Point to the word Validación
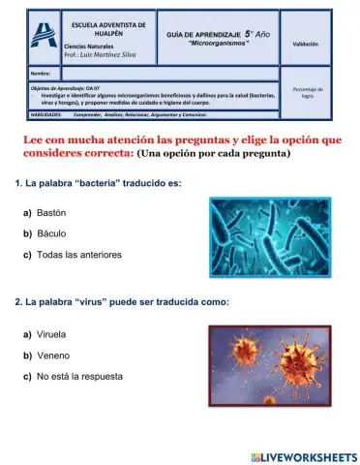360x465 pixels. pos(306,45)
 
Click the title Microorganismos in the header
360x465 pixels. pos(220,45)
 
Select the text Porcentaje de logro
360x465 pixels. pos(306,93)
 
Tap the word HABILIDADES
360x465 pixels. pos(46,113)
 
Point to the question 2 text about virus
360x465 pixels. pos(122,302)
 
